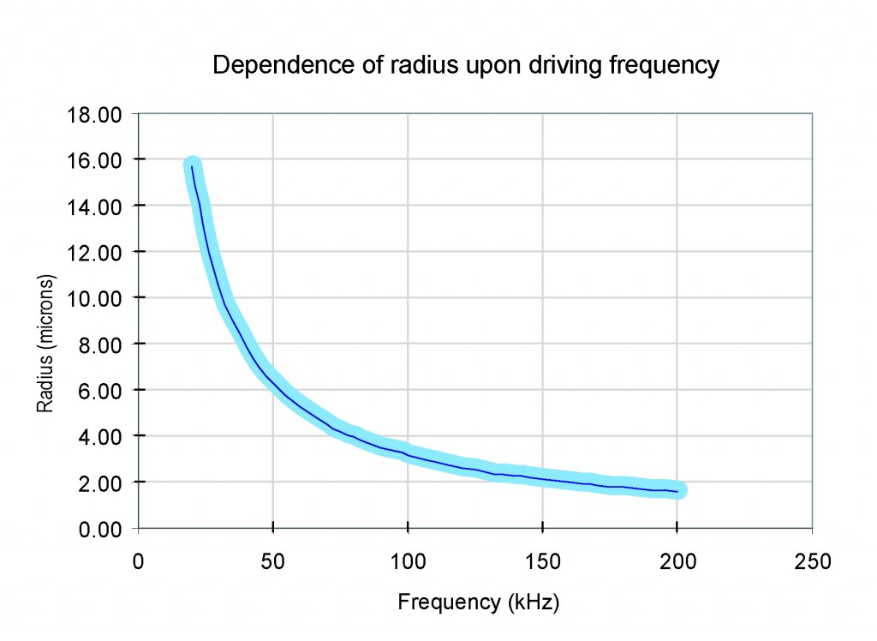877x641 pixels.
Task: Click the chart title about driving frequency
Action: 465,66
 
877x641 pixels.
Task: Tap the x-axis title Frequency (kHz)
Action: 478,602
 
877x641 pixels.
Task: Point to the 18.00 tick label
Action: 95,114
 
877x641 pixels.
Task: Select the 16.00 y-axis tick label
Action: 95,160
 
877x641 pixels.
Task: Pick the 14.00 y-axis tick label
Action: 95,206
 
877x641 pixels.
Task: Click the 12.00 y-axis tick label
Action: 95,252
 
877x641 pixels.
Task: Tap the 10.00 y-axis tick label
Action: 95,298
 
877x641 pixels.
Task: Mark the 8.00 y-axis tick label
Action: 99,344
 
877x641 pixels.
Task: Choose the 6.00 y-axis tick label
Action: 99,390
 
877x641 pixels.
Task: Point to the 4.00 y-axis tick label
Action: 99,436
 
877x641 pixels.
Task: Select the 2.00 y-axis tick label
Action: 99,482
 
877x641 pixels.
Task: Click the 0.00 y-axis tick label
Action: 99,529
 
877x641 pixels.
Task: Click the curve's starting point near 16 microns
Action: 192,165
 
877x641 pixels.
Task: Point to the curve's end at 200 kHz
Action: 679,491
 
